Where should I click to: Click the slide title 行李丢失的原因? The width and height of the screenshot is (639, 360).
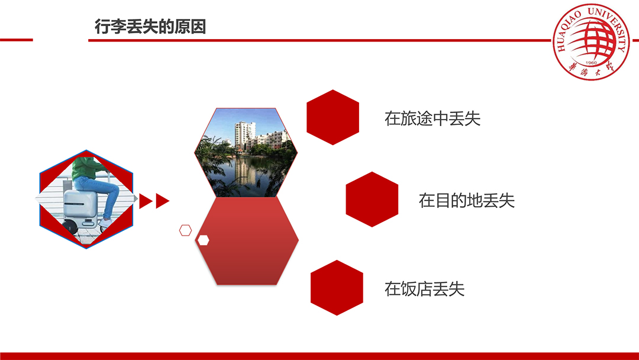[x=150, y=27]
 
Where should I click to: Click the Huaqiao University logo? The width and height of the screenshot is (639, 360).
[x=590, y=41]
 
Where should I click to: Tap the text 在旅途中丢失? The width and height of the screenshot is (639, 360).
[x=433, y=118]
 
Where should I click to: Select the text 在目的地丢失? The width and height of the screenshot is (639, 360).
[x=467, y=201]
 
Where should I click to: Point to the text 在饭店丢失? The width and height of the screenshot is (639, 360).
[x=424, y=289]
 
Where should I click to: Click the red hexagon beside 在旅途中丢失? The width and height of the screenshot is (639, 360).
[x=333, y=117]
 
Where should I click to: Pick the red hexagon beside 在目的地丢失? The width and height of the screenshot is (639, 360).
[x=372, y=200]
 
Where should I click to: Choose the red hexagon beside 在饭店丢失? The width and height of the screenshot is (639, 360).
[x=337, y=288]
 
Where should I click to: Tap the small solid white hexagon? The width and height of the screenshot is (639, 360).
[x=203, y=240]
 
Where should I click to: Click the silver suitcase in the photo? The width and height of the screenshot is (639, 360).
[x=80, y=204]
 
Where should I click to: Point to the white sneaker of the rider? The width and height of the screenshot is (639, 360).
[x=105, y=223]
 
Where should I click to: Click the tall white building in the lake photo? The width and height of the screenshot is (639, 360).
[x=244, y=135]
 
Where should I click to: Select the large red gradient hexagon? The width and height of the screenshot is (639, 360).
[x=247, y=240]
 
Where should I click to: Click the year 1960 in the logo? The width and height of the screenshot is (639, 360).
[x=591, y=63]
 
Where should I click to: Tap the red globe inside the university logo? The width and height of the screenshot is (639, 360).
[x=592, y=38]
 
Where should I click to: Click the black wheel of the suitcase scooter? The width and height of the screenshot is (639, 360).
[x=70, y=226]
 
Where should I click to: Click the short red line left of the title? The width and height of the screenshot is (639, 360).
[x=17, y=40]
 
